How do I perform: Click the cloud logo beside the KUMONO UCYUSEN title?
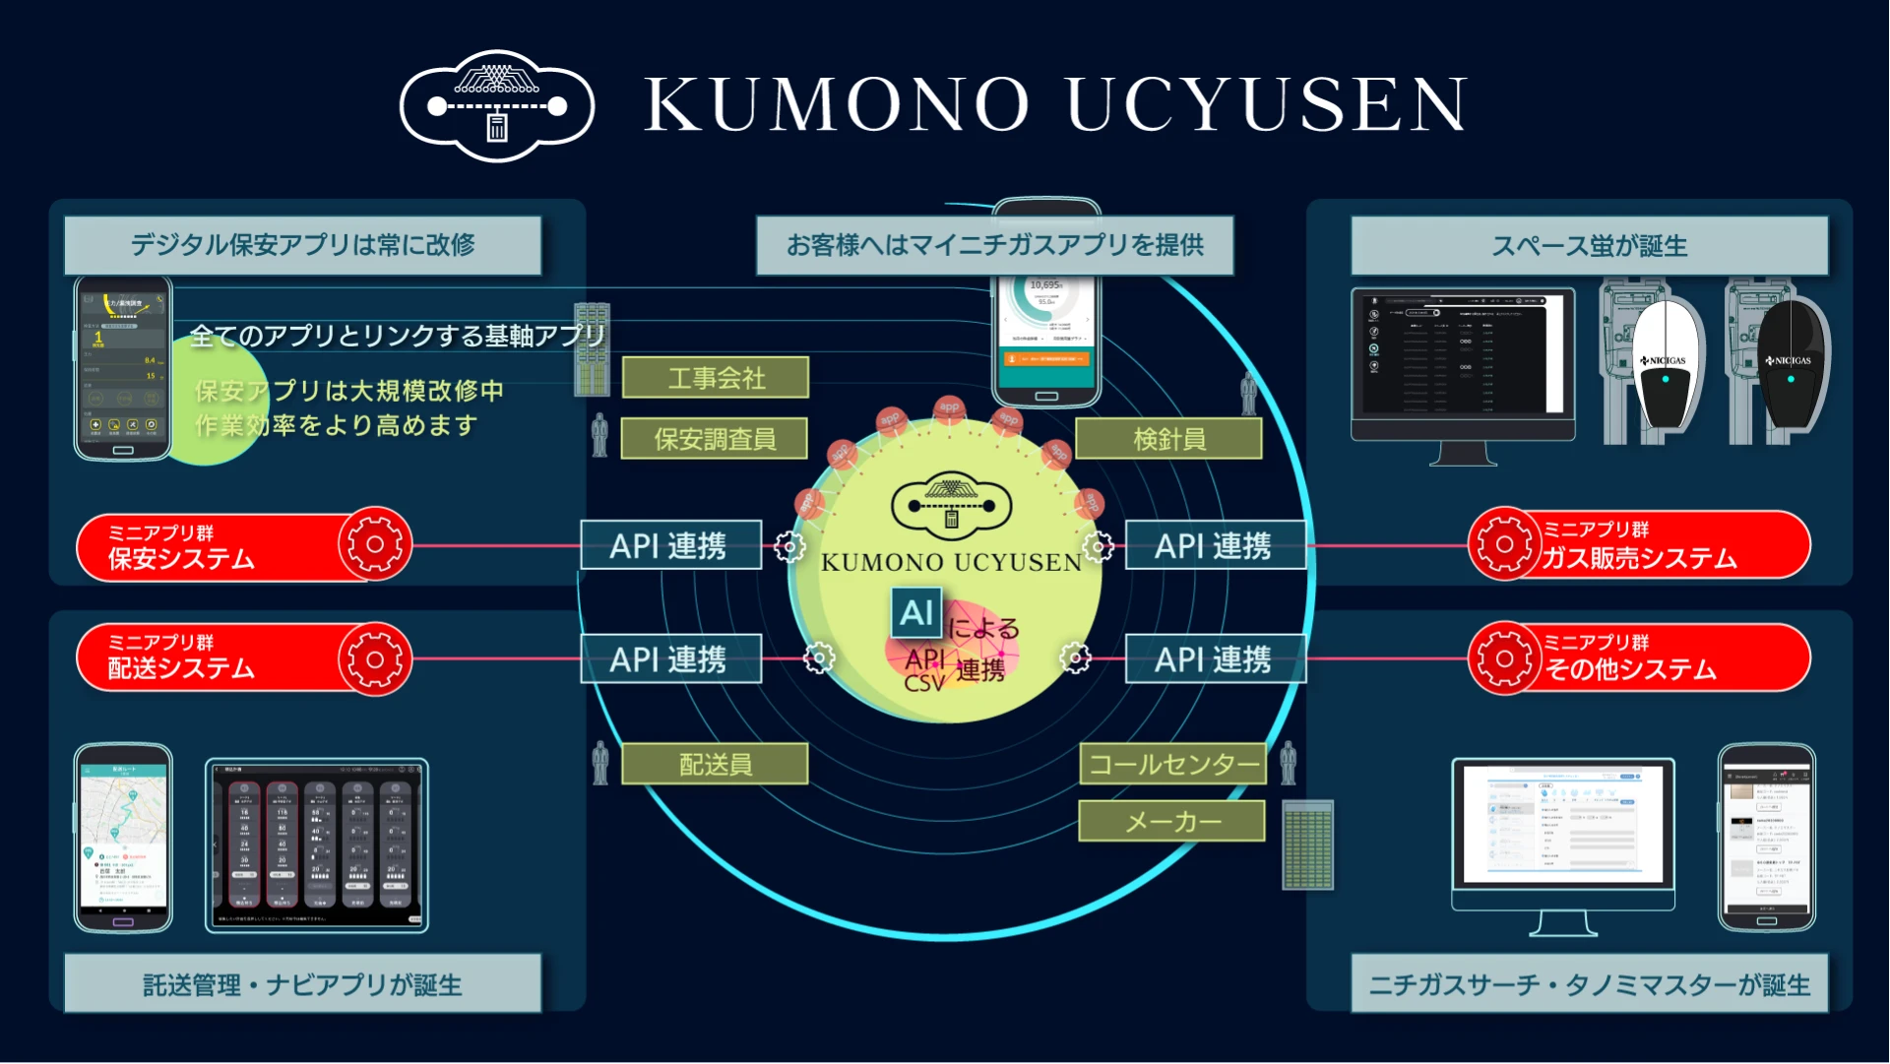tap(497, 105)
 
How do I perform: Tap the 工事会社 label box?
tap(716, 378)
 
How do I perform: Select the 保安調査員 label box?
tap(715, 439)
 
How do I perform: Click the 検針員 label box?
tap(1168, 439)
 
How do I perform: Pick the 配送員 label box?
tap(715, 764)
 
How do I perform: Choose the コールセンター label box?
tap(1172, 764)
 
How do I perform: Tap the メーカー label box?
tap(1171, 821)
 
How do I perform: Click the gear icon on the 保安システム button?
tap(374, 544)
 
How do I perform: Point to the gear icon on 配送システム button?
tap(374, 658)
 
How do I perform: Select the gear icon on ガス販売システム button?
tap(1503, 544)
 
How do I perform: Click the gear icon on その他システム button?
tap(1503, 658)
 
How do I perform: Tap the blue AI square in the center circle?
tap(916, 613)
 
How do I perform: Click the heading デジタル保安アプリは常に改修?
tap(303, 245)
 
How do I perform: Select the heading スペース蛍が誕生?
tap(1589, 245)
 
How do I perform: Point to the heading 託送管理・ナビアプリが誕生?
tap(303, 984)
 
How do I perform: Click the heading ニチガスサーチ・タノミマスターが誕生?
tap(1589, 984)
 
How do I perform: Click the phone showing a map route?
tap(123, 838)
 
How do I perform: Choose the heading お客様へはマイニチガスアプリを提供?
tap(994, 245)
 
